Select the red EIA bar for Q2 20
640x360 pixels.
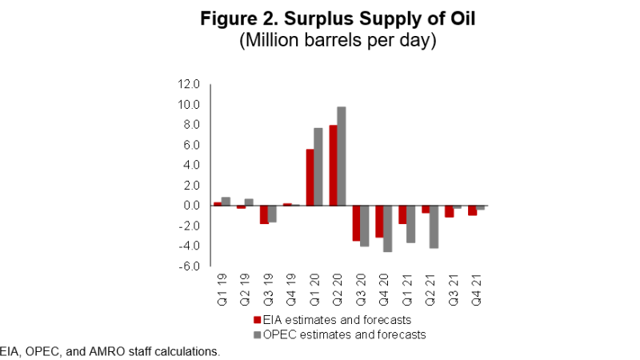pos(334,165)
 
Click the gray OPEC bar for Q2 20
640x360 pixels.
pos(342,156)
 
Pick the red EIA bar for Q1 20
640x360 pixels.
pos(310,177)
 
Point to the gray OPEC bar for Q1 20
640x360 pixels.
pos(318,166)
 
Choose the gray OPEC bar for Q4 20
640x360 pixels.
pos(388,229)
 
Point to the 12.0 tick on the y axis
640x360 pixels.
pos(189,84)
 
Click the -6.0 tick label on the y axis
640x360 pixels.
pos(189,266)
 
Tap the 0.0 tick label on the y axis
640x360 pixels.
pos(190,206)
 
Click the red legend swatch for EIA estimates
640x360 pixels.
pos(247,320)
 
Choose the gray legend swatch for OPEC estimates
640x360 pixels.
pos(247,334)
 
